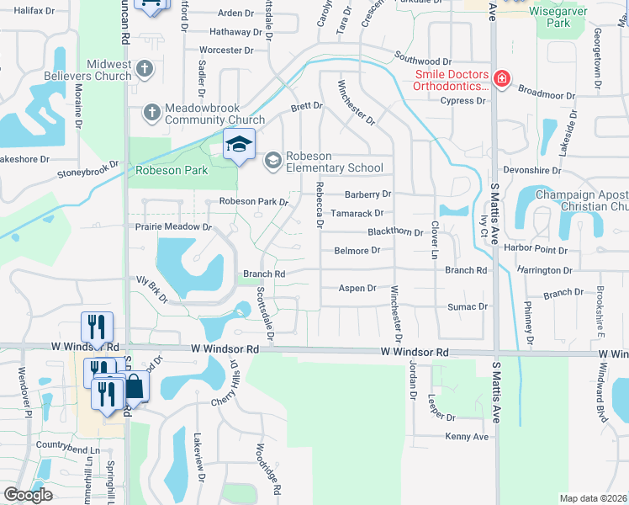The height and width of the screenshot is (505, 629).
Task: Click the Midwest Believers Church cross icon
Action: [x=144, y=68]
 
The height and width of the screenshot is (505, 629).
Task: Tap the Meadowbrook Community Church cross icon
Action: [x=152, y=112]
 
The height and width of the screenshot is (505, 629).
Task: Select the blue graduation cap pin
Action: [x=239, y=145]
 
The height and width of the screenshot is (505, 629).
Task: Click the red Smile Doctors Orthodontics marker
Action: [x=501, y=79]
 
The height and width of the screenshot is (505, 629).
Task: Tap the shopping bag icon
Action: [x=134, y=387]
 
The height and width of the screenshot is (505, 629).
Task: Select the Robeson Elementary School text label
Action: [x=335, y=162]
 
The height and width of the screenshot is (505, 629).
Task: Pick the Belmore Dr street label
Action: [x=357, y=250]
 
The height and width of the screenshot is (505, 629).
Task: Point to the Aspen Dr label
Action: [x=357, y=288]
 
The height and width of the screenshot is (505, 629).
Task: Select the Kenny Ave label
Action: [x=467, y=437]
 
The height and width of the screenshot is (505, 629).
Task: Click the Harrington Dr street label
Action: [x=544, y=270]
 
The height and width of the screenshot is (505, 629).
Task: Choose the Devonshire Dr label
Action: [x=531, y=170]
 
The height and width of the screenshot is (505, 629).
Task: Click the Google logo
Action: [x=29, y=495]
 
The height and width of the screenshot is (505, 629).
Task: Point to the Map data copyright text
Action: [x=593, y=498]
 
